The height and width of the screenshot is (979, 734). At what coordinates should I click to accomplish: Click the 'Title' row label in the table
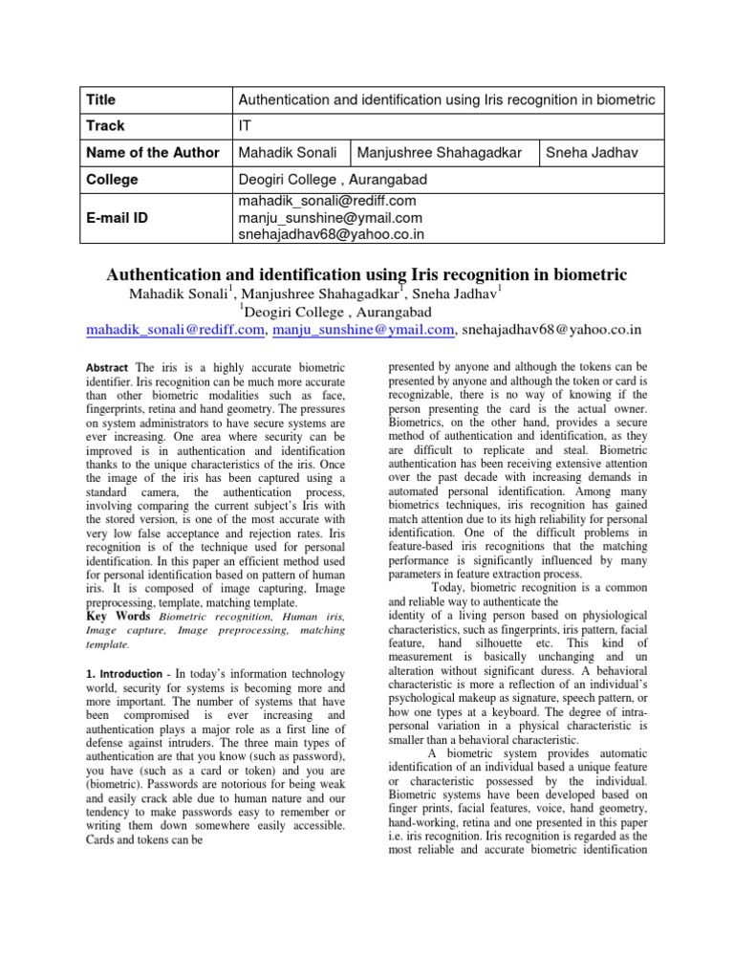click(100, 98)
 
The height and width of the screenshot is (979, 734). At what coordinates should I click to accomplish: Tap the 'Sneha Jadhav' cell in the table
click(591, 152)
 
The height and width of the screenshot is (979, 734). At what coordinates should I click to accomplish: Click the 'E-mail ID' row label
click(119, 218)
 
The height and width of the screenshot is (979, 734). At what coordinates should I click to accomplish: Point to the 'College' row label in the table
click(111, 180)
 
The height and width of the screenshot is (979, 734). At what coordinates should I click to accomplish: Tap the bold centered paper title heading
click(367, 274)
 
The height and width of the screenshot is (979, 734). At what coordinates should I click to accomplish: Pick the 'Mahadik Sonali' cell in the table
click(284, 152)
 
